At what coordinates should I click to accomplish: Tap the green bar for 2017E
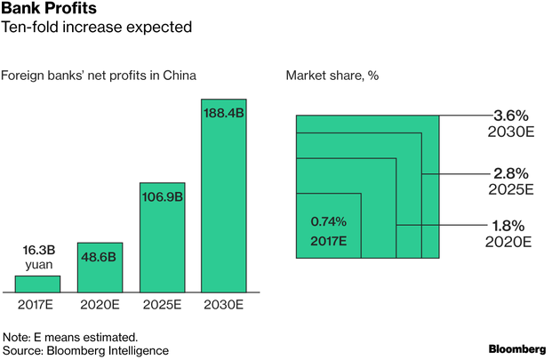pos(37,284)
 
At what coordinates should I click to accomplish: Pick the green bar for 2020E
pos(100,268)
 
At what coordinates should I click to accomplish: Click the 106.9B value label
pos(162,196)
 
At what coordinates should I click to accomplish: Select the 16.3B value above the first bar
pos(37,251)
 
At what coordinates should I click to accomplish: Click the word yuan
pos(37,264)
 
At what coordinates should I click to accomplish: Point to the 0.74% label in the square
pos(328,221)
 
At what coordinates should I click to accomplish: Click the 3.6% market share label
pos(511,115)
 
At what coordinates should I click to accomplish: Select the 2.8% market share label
pos(511,172)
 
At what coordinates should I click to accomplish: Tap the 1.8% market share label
pos(511,226)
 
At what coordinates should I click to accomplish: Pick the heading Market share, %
pos(332,75)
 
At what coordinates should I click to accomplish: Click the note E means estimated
pos(70,337)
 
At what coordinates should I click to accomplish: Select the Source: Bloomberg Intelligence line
pos(85,350)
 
